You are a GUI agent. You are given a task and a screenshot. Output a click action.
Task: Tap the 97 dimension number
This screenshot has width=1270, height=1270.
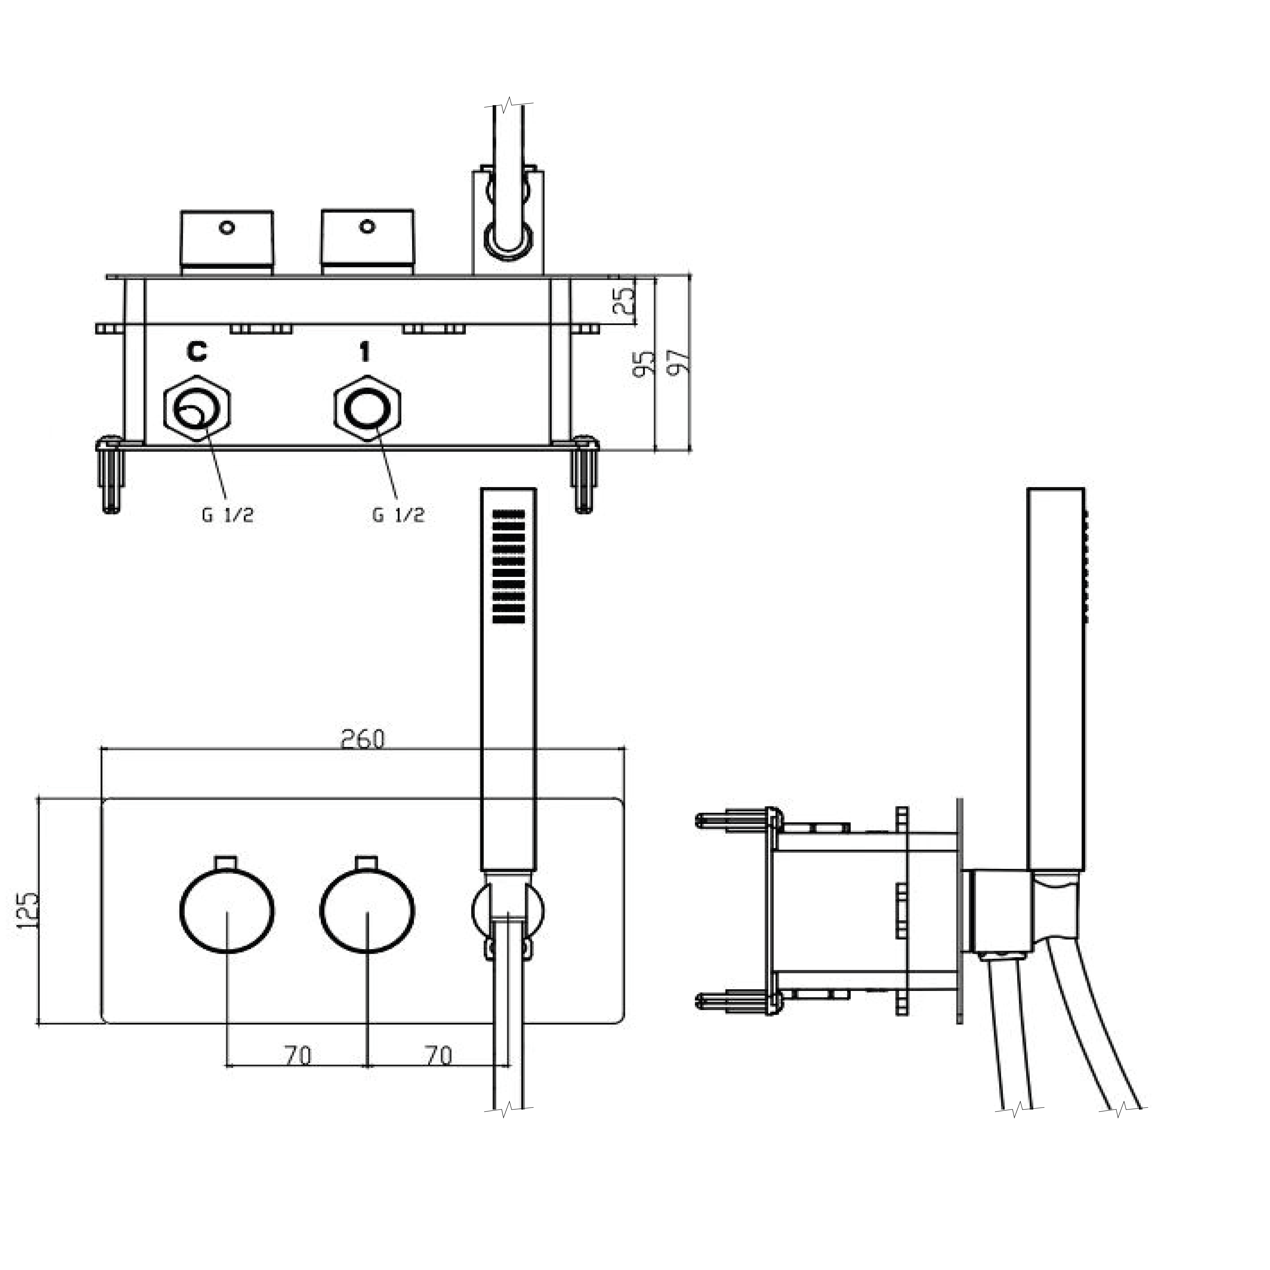[678, 361]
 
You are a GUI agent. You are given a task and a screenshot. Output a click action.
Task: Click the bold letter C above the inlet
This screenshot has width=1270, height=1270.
[196, 352]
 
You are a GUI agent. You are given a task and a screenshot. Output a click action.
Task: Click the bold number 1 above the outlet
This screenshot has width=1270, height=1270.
[365, 352]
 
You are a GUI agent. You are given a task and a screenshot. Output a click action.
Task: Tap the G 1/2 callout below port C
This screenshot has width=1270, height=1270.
[227, 515]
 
